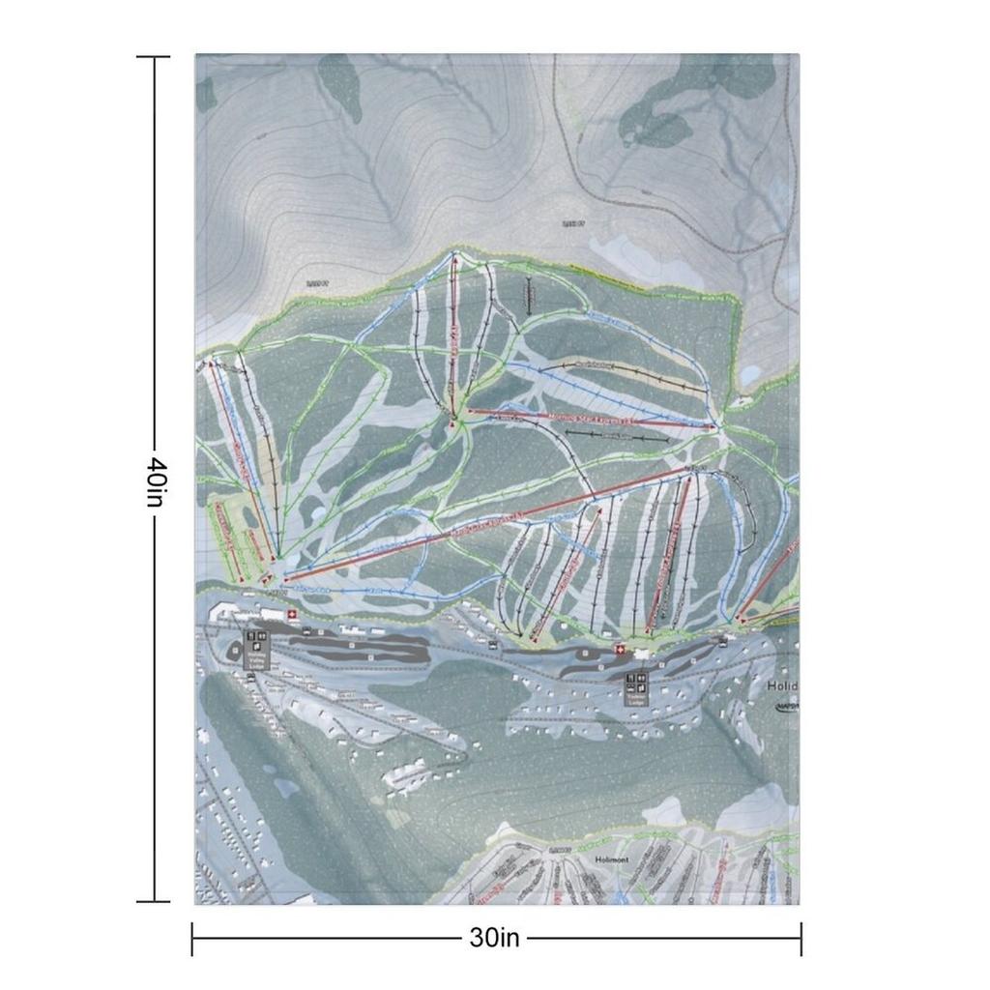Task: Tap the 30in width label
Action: tap(495, 937)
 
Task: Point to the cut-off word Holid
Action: tap(782, 686)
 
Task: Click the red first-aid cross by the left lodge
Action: tap(289, 613)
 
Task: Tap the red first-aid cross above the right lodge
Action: tap(620, 650)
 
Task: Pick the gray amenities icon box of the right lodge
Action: tap(636, 688)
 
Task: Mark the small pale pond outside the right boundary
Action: tap(751, 373)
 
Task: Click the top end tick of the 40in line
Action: tap(153, 57)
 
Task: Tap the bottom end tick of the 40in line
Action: tap(153, 901)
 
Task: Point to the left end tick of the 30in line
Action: tap(192, 938)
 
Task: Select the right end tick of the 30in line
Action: tap(801, 938)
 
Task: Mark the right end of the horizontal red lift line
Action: tap(713, 424)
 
